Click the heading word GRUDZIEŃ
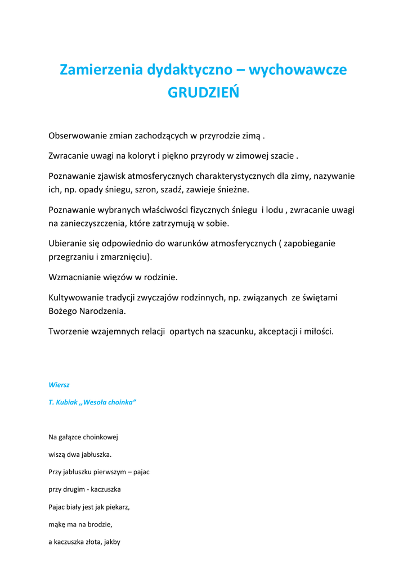(203, 93)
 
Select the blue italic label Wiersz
(59, 385)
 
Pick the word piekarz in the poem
(116, 507)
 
